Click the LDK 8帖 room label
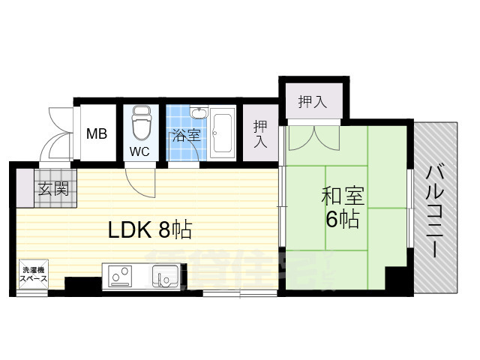point(150,229)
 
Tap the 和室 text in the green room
point(343,197)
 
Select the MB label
point(96,134)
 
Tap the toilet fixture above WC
point(140,123)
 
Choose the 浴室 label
point(185,136)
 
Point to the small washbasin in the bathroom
point(198,114)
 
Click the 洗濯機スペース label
point(34,274)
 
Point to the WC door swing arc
point(139,180)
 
